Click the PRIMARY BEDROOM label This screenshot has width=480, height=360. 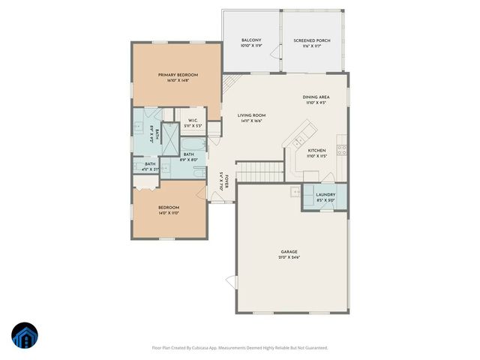[x=177, y=75]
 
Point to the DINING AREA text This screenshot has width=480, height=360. [x=316, y=97]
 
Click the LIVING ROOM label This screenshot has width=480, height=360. [x=251, y=115]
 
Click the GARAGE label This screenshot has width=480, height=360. [x=289, y=252]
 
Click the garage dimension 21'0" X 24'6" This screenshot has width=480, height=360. [x=289, y=258]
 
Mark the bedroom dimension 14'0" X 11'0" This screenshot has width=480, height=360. [x=168, y=214]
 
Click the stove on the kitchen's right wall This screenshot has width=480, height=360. [x=342, y=148]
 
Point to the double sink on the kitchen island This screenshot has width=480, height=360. [x=299, y=140]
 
